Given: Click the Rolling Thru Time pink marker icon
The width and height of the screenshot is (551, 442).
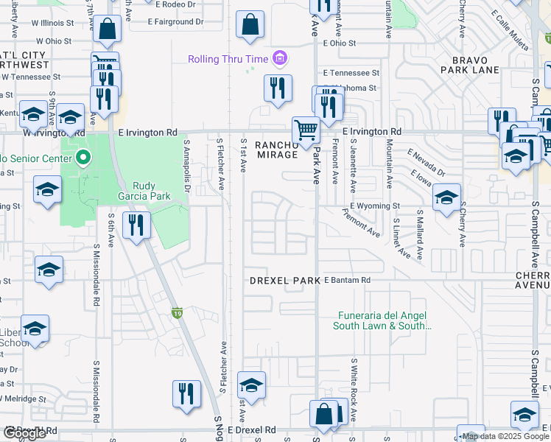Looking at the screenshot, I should point(279,58).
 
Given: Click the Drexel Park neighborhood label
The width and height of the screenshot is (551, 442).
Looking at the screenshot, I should point(284,281).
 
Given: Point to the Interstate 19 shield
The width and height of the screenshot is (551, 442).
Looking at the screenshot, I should point(177,313).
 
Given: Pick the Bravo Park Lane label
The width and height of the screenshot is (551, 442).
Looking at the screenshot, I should point(470,64).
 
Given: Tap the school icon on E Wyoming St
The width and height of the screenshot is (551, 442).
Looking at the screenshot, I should point(446,198).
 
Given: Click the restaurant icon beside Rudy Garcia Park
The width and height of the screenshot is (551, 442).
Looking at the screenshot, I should point(137,225).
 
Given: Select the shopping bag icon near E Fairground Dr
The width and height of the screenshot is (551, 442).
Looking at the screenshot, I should point(250,25).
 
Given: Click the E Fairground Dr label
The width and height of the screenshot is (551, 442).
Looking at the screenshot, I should point(175,22).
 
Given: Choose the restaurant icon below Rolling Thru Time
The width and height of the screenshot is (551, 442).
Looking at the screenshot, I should point(278,88).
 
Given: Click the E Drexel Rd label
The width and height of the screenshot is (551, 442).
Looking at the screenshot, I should point(251,429).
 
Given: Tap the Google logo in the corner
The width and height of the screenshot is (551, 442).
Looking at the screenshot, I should point(24,433).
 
